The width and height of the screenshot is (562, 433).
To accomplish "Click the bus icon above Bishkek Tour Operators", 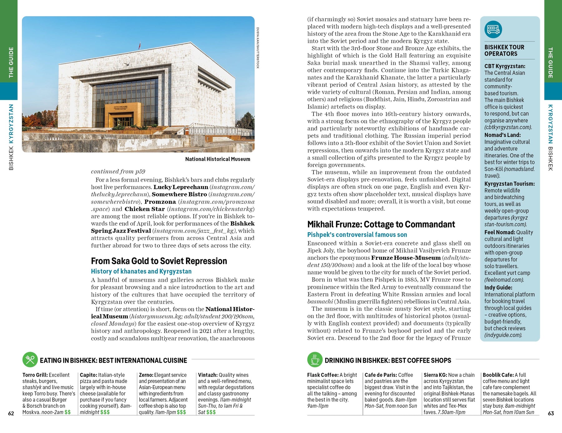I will [493, 30].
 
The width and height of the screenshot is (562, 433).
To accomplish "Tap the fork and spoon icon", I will [30, 360].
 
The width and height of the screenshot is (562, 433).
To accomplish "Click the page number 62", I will [11, 413].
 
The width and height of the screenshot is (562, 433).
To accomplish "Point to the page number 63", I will [551, 413].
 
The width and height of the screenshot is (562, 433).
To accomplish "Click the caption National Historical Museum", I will [218, 159].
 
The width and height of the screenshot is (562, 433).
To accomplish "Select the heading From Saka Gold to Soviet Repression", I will [159, 261].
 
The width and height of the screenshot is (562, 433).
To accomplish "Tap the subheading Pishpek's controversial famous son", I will [357, 235].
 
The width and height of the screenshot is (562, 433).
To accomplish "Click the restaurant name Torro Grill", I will [35, 375].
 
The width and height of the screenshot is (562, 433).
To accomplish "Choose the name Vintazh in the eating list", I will [207, 375].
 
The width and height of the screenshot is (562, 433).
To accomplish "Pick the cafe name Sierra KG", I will [435, 375].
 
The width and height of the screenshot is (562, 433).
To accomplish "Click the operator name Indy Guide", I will [498, 288].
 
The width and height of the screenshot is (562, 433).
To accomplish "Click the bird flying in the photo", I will [127, 64].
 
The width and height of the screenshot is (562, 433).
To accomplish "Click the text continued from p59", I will [118, 171].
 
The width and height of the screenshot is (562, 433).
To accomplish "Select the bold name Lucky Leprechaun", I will [181, 187].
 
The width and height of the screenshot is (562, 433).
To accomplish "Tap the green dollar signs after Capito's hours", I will [105, 412].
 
